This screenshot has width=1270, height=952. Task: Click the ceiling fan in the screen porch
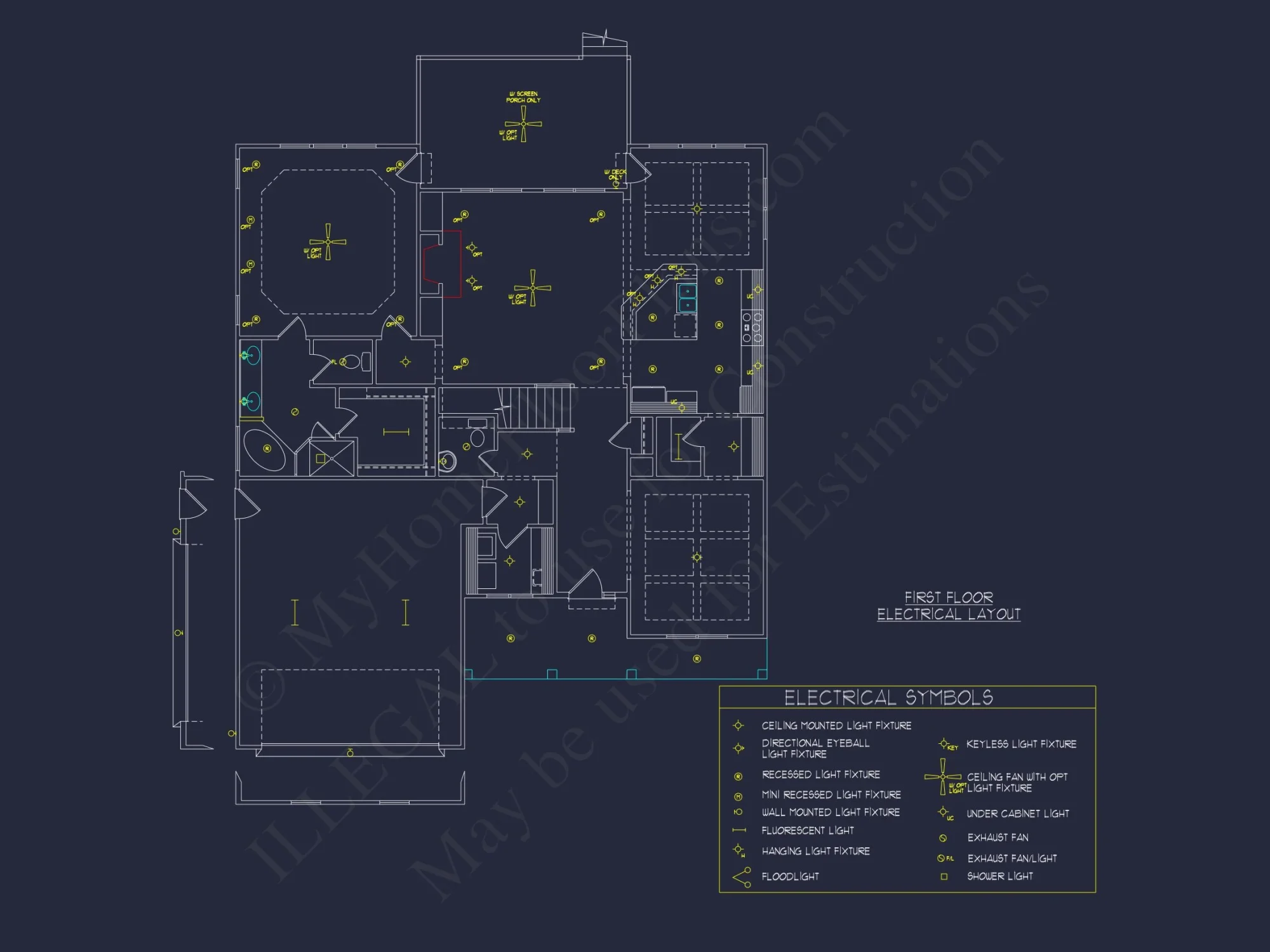pyautogui.click(x=523, y=124)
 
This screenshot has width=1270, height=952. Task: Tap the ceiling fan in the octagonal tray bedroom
pyautogui.click(x=328, y=242)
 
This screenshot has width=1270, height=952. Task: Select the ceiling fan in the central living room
pyautogui.click(x=533, y=288)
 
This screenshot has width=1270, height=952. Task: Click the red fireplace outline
pyautogui.click(x=443, y=263)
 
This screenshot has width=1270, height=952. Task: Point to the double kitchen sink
pyautogui.click(x=687, y=298)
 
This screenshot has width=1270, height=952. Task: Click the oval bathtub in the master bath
pyautogui.click(x=264, y=449)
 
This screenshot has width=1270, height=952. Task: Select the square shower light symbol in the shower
pyautogui.click(x=321, y=458)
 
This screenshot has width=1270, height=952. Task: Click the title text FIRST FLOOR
pyautogui.click(x=949, y=597)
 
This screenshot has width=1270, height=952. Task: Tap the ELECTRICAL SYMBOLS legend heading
pyautogui.click(x=888, y=697)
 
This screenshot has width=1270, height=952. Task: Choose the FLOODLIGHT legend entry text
pyautogui.click(x=790, y=876)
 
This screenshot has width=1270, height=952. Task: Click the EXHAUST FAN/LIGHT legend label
pyautogui.click(x=1012, y=858)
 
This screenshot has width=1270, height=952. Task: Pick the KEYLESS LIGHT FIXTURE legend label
pyautogui.click(x=1021, y=744)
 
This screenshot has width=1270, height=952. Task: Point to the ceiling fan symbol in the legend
pyautogui.click(x=942, y=777)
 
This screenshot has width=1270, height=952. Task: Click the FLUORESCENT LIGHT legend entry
pyautogui.click(x=807, y=830)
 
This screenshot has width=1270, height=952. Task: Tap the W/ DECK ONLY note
pyautogui.click(x=615, y=175)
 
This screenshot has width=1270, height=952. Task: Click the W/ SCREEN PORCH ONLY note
pyautogui.click(x=523, y=96)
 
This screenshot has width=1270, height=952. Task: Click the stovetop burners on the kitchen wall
pyautogui.click(x=752, y=327)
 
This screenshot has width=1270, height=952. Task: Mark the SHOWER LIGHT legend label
pyautogui.click(x=999, y=876)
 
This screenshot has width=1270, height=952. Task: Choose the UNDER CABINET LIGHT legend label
pyautogui.click(x=1017, y=814)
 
